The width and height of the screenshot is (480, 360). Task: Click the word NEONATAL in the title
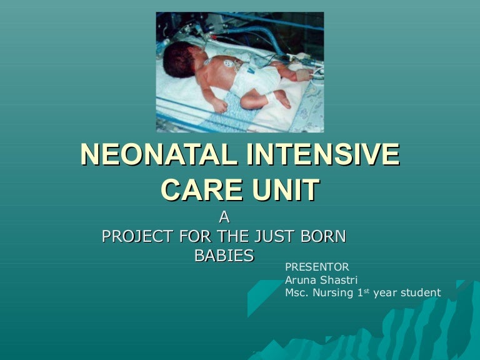click(158, 154)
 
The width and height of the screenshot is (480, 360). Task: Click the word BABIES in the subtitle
click(224, 256)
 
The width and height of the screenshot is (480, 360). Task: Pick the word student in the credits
click(419, 292)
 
